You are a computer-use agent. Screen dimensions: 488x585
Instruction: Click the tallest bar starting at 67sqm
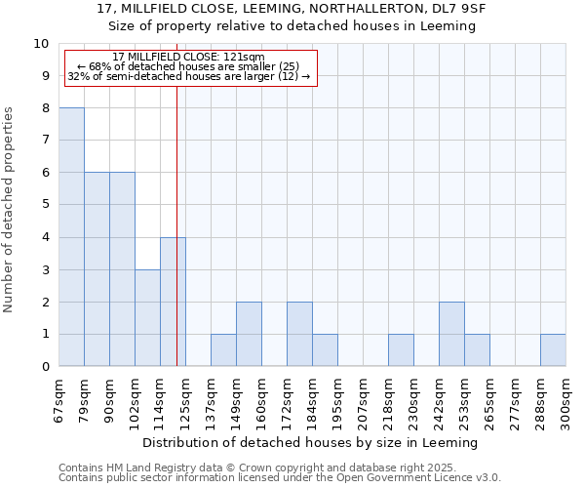click(71, 237)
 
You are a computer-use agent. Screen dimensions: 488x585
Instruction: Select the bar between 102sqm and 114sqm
click(147, 318)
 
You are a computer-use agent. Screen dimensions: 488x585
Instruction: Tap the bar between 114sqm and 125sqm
click(173, 302)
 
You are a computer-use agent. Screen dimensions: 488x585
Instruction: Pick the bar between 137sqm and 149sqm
click(223, 350)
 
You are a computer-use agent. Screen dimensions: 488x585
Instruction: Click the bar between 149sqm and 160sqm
click(249, 334)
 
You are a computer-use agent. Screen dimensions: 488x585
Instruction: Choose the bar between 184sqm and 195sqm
click(325, 350)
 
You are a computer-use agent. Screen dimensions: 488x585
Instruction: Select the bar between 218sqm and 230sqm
click(401, 350)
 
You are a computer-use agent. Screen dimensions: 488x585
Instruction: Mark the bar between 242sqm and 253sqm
click(451, 334)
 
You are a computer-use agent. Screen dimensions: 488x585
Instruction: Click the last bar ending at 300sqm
click(553, 350)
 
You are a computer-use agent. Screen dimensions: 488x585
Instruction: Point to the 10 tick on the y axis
click(41, 44)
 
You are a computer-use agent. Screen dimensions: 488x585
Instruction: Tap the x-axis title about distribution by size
click(312, 442)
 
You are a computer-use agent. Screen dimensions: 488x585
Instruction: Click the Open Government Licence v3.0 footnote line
click(280, 477)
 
